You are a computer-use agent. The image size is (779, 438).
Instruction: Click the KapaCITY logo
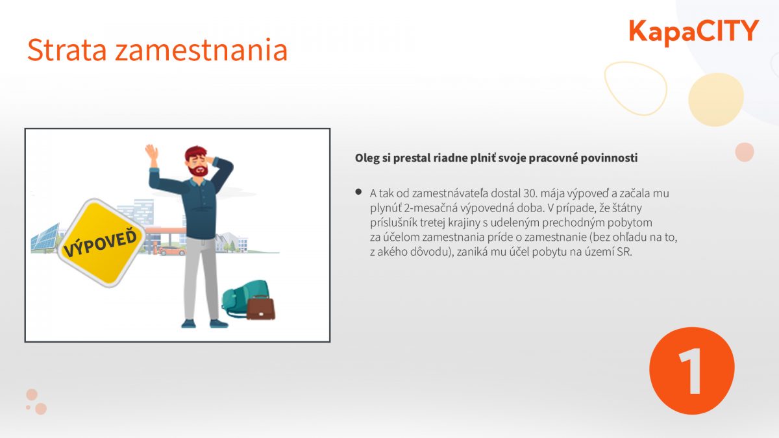[693, 32]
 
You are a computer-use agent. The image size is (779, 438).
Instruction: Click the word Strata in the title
[67, 50]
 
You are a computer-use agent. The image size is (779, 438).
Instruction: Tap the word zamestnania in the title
[201, 51]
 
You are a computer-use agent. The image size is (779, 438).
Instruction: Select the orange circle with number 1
[692, 371]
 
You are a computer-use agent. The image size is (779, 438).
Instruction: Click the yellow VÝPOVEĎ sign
[101, 243]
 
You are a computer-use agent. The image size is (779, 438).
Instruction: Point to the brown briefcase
[260, 307]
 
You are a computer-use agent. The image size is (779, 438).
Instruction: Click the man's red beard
[198, 170]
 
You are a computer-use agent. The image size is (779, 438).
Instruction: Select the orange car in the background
[172, 250]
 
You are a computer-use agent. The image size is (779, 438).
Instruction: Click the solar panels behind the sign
[45, 237]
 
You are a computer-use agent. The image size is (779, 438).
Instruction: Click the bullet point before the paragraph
[358, 192]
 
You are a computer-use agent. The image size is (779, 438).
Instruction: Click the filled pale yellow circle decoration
[716, 99]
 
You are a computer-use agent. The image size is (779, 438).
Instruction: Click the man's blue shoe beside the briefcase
[219, 324]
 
